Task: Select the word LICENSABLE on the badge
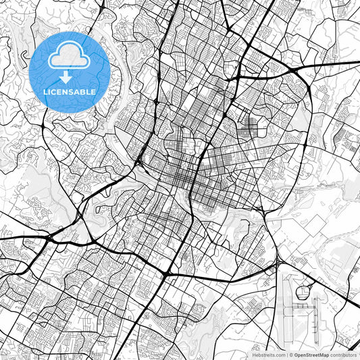pos(70,91)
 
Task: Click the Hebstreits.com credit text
pos(267,354)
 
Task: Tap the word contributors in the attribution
pos(344,354)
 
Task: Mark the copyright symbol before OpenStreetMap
pos(289,354)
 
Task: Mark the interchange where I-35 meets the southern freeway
pos(168,272)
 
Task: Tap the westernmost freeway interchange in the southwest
pos(51,236)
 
